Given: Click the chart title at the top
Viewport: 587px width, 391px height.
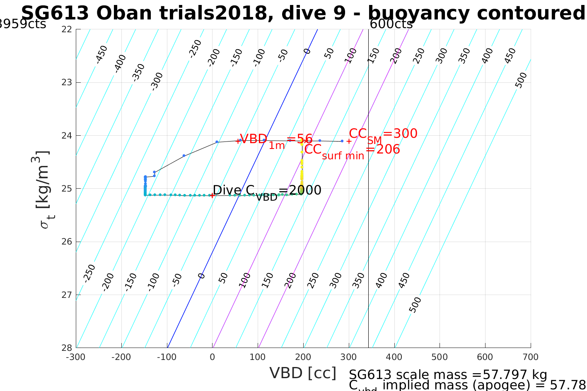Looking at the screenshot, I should click(302, 13).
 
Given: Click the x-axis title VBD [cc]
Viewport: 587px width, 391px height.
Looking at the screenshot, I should click(303, 373).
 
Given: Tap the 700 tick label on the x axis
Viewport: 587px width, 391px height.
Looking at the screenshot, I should click(530, 357).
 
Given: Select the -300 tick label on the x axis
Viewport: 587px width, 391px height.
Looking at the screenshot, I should click(76, 357).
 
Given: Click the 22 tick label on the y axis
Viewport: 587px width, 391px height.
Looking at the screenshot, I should click(67, 29).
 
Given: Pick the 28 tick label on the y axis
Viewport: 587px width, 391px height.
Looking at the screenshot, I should click(67, 348).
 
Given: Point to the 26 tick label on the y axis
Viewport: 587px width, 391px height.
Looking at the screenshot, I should click(67, 242).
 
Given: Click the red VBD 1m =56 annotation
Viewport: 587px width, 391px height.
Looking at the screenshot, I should click(276, 140).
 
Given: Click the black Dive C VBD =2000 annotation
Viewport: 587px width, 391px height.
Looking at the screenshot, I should click(267, 191).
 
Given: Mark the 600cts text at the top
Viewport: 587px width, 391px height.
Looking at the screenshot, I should click(391, 24).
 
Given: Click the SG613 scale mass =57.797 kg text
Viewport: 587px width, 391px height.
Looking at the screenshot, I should click(448, 375).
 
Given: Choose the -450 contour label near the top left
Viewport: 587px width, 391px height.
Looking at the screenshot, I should click(101, 54).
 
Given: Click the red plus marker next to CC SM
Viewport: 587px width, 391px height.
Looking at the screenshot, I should click(349, 141).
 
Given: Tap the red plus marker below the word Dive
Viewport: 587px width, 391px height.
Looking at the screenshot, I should click(212, 195).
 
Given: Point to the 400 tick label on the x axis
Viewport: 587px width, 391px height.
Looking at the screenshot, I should click(394, 357).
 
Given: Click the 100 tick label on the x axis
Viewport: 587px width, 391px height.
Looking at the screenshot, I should click(258, 357).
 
